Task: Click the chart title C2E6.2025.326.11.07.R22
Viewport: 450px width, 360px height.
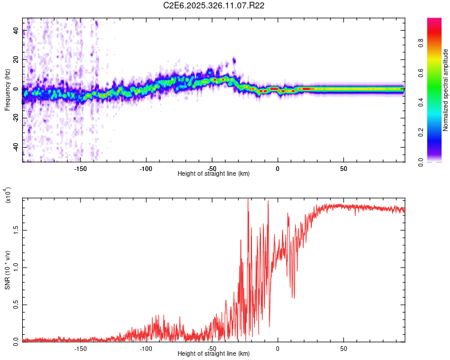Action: pyautogui.click(x=214, y=5)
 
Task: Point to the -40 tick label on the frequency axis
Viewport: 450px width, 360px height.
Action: pyautogui.click(x=16, y=147)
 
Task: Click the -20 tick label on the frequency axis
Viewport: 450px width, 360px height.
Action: pyautogui.click(x=16, y=118)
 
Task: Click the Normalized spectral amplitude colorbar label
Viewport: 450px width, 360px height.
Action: pyautogui.click(x=445, y=90)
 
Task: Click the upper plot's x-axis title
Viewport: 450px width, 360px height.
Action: pyautogui.click(x=214, y=173)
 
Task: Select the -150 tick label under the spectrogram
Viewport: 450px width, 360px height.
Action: pyautogui.click(x=80, y=168)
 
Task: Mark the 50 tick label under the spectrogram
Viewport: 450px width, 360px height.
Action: pyautogui.click(x=343, y=168)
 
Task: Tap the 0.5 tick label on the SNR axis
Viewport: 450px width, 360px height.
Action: pyautogui.click(x=16, y=304)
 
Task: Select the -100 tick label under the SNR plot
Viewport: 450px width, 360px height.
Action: pyautogui.click(x=146, y=348)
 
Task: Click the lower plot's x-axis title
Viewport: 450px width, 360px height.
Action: pyautogui.click(x=214, y=354)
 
